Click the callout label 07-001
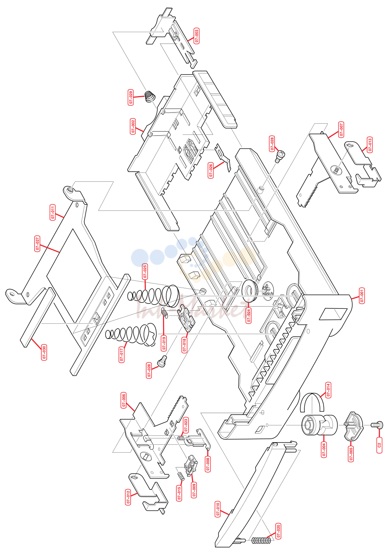[362, 296]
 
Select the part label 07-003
[197, 36]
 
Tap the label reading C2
[379, 445]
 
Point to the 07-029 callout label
[131, 97]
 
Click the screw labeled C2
[377, 425]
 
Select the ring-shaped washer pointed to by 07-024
[250, 291]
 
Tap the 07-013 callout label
[370, 145]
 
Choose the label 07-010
[218, 509]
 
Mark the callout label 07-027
[37, 244]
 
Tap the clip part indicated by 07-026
[224, 157]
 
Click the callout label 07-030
[44, 352]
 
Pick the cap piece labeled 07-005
[353, 426]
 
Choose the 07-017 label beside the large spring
[122, 355]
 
